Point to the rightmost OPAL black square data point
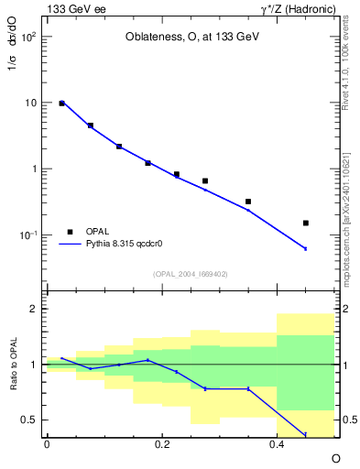point(306,223)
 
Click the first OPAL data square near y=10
point(61,104)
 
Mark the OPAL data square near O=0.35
point(248,202)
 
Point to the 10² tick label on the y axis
point(30,38)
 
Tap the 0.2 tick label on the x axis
point(162,443)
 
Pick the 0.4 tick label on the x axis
point(278,443)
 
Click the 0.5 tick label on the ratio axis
point(29,420)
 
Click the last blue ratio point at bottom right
point(306,434)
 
